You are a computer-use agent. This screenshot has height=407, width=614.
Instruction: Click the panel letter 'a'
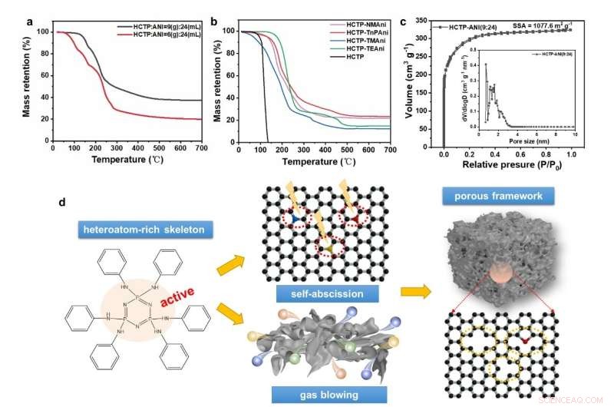29,22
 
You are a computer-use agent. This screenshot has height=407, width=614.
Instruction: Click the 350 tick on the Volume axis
427,16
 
